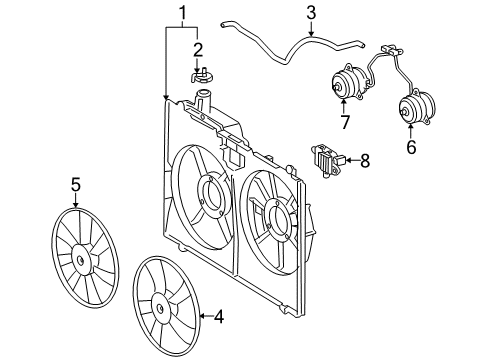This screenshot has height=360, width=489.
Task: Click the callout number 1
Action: pyautogui.click(x=183, y=13)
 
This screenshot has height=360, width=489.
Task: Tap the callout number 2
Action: pyautogui.click(x=198, y=50)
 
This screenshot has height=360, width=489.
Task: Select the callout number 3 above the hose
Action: pyautogui.click(x=311, y=13)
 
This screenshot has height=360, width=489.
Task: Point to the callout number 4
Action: pyautogui.click(x=218, y=317)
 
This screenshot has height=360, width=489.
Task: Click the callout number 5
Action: pyautogui.click(x=76, y=184)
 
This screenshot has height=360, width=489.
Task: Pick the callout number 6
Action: pyautogui.click(x=411, y=147)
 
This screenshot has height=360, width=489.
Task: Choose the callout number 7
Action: pyautogui.click(x=345, y=122)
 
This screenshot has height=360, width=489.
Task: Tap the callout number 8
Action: pyautogui.click(x=365, y=161)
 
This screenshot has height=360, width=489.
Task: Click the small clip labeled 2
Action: pyautogui.click(x=201, y=77)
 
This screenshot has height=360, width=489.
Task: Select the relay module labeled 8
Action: pyautogui.click(x=327, y=159)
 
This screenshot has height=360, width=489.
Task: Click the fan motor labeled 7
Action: pyautogui.click(x=348, y=82)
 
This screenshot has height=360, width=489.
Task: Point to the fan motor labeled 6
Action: pyautogui.click(x=417, y=107)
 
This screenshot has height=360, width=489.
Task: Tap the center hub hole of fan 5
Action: pyautogui.click(x=80, y=260)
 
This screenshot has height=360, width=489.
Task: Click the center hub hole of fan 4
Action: pyautogui.click(x=160, y=308)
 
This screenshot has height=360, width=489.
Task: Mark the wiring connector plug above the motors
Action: pyautogui.click(x=392, y=50)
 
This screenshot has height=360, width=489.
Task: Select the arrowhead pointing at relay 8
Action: pyautogui.click(x=345, y=161)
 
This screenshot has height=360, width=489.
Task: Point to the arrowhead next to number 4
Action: pyautogui.click(x=202, y=316)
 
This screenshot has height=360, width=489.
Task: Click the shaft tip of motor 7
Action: pyautogui.click(x=335, y=87)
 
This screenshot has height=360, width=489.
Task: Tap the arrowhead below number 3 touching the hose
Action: pyautogui.click(x=311, y=34)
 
